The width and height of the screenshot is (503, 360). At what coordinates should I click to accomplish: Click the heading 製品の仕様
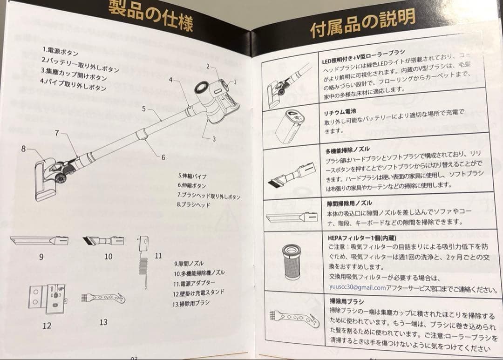click(x=150, y=14)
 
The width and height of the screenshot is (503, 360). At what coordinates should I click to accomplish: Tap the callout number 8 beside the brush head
click(x=23, y=149)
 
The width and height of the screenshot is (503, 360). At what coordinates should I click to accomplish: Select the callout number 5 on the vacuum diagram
click(x=144, y=109)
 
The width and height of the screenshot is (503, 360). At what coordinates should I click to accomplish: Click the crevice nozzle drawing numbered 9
click(x=40, y=241)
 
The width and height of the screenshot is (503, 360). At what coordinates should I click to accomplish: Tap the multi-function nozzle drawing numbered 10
click(x=103, y=241)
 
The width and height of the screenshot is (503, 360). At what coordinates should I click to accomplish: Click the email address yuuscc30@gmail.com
click(x=357, y=287)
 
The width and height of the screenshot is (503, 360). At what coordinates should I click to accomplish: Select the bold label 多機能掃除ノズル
click(x=347, y=149)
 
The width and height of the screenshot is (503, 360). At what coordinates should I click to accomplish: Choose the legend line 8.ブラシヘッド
click(x=193, y=204)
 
